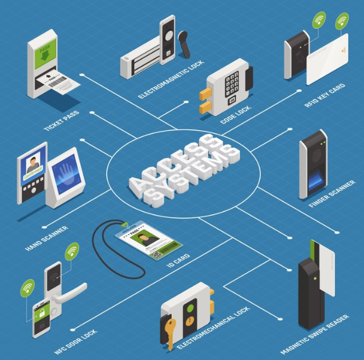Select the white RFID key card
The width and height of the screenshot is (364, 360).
coord(327,60)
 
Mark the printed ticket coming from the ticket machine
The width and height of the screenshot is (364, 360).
coord(63,83)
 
